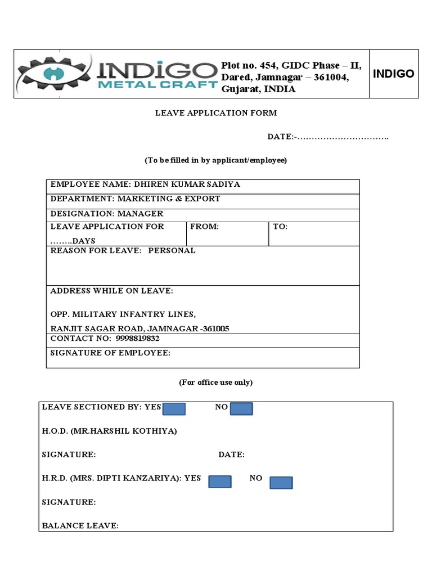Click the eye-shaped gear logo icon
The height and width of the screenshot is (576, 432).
pyautogui.click(x=54, y=75)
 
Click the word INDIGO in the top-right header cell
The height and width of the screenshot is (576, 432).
pyautogui.click(x=393, y=74)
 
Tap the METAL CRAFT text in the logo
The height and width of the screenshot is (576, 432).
pyautogui.click(x=157, y=85)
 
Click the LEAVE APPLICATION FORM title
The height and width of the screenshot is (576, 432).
pyautogui.click(x=216, y=113)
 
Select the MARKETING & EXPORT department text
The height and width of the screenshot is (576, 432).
pyautogui.click(x=169, y=199)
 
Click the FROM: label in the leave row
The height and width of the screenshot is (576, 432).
pyautogui.click(x=204, y=227)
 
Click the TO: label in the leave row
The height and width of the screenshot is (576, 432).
pyautogui.click(x=280, y=227)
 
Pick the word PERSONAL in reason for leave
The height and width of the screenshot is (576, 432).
pyautogui.click(x=172, y=251)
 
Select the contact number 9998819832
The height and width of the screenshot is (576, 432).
pyautogui.click(x=138, y=339)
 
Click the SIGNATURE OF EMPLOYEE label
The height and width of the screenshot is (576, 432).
pyautogui.click(x=110, y=353)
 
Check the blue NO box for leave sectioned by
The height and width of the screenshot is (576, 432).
pyautogui.click(x=241, y=409)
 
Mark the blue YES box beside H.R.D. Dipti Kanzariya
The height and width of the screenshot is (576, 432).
pyautogui.click(x=220, y=481)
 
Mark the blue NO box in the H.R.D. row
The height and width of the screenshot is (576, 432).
pyautogui.click(x=281, y=483)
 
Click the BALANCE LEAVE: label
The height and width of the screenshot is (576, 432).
pyautogui.click(x=80, y=526)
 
